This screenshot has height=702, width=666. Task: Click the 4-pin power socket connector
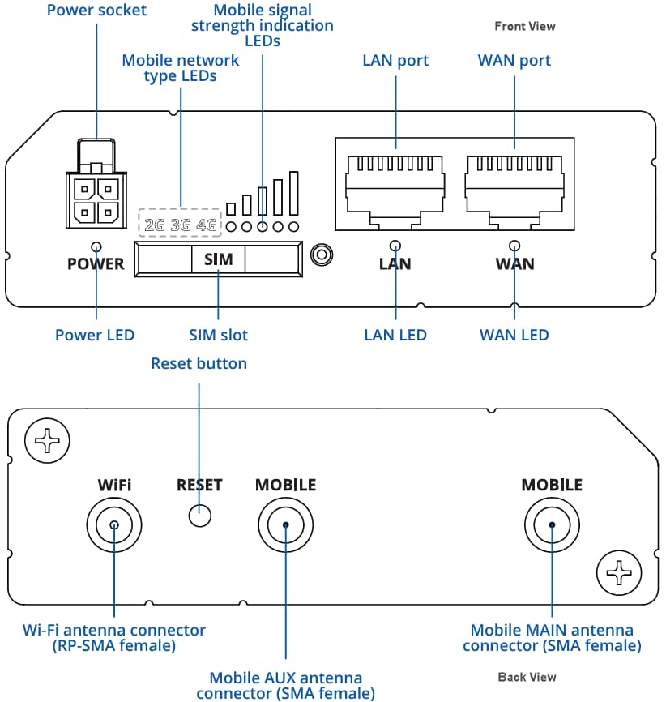(x=96, y=200)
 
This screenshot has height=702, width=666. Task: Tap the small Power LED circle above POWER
(x=96, y=246)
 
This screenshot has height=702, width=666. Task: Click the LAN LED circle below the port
(x=395, y=246)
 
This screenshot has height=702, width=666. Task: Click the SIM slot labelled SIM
(x=218, y=259)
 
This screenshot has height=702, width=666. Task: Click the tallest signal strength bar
(x=293, y=194)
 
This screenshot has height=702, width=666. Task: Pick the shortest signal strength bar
(x=231, y=208)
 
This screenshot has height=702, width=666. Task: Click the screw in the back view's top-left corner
(x=48, y=441)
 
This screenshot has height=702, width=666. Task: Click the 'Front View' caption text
(x=524, y=27)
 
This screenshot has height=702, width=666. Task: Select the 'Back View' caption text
(x=527, y=677)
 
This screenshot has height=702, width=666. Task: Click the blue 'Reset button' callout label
(x=199, y=363)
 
